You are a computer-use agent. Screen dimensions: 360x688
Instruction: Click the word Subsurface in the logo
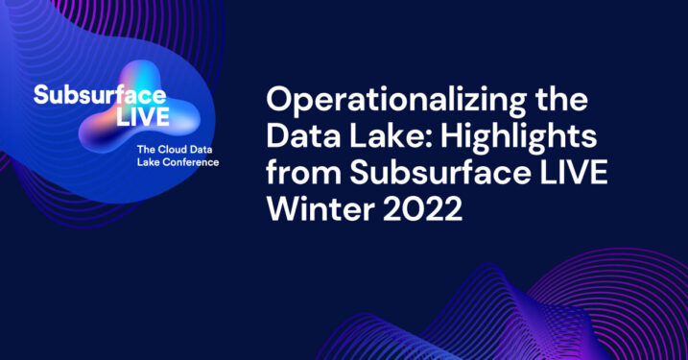coord(100,95)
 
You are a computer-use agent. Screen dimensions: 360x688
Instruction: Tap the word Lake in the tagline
coord(151,162)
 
